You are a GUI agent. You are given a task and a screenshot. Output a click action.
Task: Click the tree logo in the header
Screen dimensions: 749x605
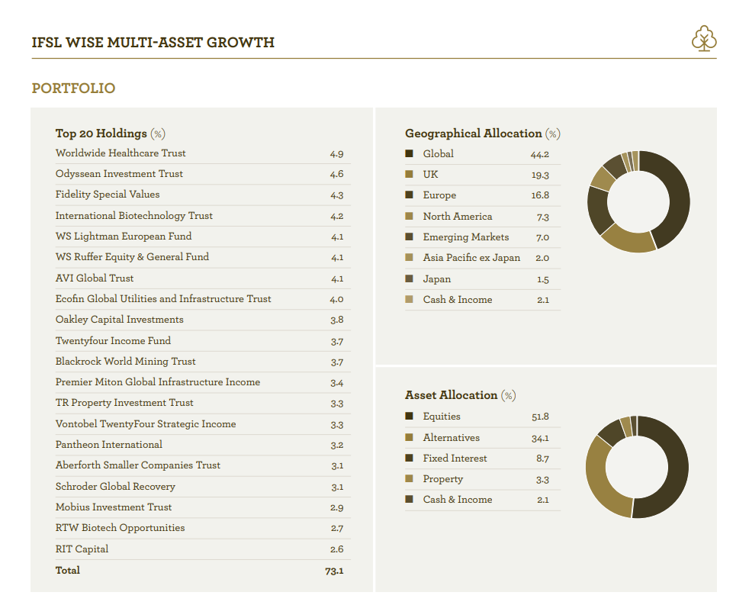tap(704, 38)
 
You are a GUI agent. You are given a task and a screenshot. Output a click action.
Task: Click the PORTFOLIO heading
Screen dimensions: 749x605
tap(73, 88)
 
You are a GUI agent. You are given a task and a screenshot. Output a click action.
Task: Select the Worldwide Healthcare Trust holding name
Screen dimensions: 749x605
tap(121, 153)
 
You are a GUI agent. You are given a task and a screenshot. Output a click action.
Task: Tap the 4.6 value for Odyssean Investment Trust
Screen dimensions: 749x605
tap(336, 174)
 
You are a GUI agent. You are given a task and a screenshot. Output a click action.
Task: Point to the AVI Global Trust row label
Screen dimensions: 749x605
tap(95, 278)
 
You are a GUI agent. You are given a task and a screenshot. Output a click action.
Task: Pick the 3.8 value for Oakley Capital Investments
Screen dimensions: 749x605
tap(337, 320)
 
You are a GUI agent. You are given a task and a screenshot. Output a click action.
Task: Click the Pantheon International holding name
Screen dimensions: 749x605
tap(109, 445)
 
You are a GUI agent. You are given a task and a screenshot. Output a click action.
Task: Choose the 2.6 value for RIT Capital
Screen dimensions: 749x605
tap(337, 549)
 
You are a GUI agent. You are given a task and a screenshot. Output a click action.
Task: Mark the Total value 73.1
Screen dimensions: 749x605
tap(334, 571)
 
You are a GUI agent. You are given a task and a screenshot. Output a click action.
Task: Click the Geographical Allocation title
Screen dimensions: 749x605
tap(474, 134)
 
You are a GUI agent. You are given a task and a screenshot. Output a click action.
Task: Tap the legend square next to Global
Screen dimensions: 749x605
tap(409, 153)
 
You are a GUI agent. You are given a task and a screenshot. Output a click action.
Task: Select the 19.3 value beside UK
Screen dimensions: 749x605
tap(540, 175)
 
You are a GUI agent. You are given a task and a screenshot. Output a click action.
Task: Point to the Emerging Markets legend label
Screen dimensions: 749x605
tap(466, 237)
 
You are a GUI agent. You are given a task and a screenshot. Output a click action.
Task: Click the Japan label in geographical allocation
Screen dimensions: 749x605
tap(436, 279)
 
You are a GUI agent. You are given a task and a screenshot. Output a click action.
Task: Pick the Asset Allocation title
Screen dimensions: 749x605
tap(452, 395)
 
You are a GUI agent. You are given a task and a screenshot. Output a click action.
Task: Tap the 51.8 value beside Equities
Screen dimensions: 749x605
tap(540, 417)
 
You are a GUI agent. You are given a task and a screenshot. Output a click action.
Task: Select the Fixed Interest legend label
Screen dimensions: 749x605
tap(455, 459)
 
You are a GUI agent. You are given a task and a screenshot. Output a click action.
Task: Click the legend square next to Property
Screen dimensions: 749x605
tap(409, 478)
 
